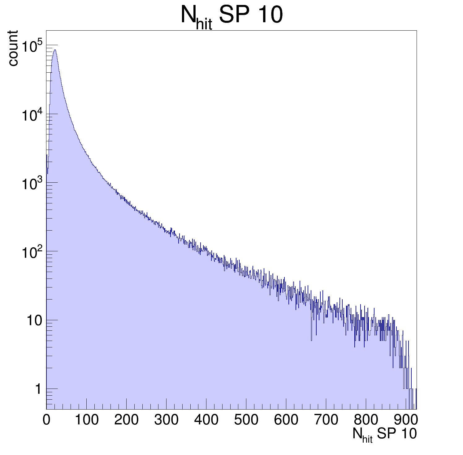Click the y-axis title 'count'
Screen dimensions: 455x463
13,48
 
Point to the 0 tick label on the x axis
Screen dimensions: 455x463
46,420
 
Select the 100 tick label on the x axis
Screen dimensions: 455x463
87,420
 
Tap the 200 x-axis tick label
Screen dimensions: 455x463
126,420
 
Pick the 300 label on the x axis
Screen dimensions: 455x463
166,420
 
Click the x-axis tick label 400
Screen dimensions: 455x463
206,420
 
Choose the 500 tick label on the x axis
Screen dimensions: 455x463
246,420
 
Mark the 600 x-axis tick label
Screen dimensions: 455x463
286,420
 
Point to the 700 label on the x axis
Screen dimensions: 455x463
326,420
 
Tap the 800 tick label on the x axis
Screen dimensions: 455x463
366,420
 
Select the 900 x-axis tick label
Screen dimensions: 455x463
405,420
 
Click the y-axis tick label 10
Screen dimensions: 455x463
34,321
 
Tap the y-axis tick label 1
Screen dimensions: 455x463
38,389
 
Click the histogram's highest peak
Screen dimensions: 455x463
55,50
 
